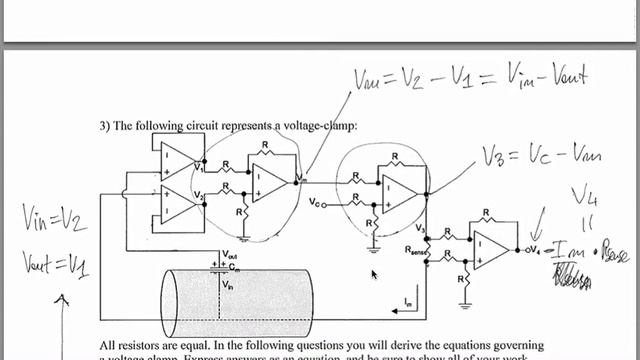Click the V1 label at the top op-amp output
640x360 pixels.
(200, 167)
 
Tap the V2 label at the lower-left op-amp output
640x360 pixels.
(199, 194)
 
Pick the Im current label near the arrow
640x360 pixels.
(406, 299)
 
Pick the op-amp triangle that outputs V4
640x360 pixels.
(489, 249)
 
